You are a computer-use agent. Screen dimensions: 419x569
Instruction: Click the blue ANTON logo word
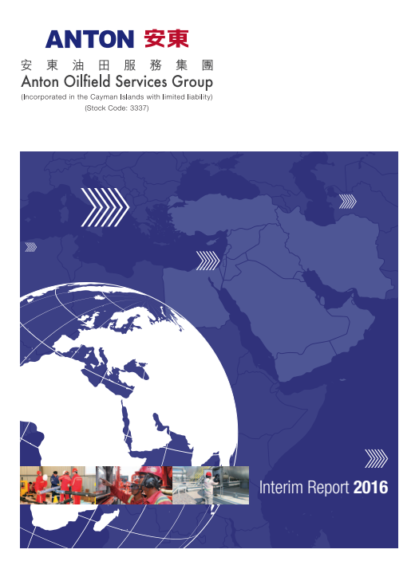(89, 39)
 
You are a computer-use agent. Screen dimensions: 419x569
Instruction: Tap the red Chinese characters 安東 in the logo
(167, 39)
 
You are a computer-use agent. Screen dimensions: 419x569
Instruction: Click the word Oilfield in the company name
(88, 81)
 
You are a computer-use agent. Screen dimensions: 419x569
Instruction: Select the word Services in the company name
(141, 81)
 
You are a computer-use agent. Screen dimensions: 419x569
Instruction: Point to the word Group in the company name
(192, 82)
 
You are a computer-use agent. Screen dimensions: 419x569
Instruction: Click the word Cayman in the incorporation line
(104, 97)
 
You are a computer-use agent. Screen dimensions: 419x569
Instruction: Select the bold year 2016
(370, 487)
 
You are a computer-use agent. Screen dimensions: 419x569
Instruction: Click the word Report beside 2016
(328, 488)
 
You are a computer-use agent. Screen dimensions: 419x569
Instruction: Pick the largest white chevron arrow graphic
(105, 207)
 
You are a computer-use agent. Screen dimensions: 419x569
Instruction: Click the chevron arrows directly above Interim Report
(376, 458)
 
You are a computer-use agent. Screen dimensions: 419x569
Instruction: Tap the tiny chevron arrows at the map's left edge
(30, 247)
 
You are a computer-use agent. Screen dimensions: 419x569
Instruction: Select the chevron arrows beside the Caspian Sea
(347, 202)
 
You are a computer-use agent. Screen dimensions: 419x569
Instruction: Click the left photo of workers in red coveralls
(57, 485)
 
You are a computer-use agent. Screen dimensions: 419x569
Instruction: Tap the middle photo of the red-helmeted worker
(134, 485)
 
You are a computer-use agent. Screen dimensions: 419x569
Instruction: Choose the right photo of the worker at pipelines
(211, 485)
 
